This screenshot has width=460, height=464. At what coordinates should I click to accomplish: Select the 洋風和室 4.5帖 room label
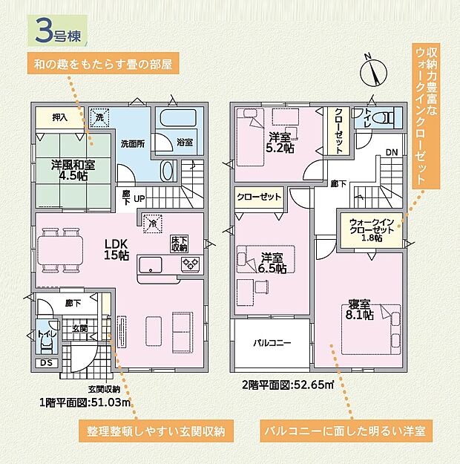[x=72, y=170]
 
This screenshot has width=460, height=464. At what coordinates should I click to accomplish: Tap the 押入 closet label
[x=60, y=117]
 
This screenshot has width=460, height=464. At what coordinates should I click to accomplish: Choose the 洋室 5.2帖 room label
[x=279, y=142]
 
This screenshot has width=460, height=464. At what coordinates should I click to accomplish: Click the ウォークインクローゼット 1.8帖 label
[x=372, y=230]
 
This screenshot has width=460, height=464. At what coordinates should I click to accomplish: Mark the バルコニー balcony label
[x=272, y=344]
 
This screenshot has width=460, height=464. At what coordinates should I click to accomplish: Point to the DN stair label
[x=390, y=154]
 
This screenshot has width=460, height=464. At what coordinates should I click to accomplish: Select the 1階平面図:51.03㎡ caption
[x=85, y=403]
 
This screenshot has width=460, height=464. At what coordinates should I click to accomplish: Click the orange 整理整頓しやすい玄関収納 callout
[x=155, y=431]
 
